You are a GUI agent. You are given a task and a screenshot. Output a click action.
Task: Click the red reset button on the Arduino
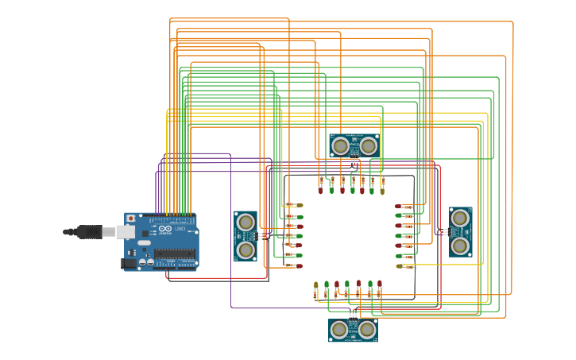pos(130,218)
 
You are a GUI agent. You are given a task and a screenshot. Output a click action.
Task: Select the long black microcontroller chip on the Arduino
pos(174,254)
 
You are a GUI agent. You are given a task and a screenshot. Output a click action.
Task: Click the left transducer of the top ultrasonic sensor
pos(340,145)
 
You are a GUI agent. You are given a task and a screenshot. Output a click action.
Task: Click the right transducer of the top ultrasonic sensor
pos(368,145)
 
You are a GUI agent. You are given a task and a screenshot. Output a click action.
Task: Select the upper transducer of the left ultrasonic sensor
pos(246,222)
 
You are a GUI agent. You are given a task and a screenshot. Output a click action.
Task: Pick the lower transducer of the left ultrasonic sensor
pos(246,250)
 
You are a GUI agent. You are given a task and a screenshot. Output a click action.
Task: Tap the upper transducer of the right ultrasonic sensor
pos(460,217)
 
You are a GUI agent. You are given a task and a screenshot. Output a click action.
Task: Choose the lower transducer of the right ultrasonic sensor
pos(460,246)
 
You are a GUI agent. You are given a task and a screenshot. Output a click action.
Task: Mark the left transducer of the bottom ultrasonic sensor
pos(339,329)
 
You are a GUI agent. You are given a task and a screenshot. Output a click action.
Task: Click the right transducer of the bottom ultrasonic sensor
pos(367,329)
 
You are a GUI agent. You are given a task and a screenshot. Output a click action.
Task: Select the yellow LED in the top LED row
pos(382,191)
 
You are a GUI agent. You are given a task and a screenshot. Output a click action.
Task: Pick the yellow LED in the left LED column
pos(300,205)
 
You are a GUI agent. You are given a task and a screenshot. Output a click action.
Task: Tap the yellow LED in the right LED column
pos(399,266)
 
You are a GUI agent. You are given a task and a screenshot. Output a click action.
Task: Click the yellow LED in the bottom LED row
pos(316,285)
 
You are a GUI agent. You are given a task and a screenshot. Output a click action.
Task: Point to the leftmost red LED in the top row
pos(321,191)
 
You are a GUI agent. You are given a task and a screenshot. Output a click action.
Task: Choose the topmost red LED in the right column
pos(399,206)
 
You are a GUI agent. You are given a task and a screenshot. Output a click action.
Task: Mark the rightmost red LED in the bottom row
pos(380,284)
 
